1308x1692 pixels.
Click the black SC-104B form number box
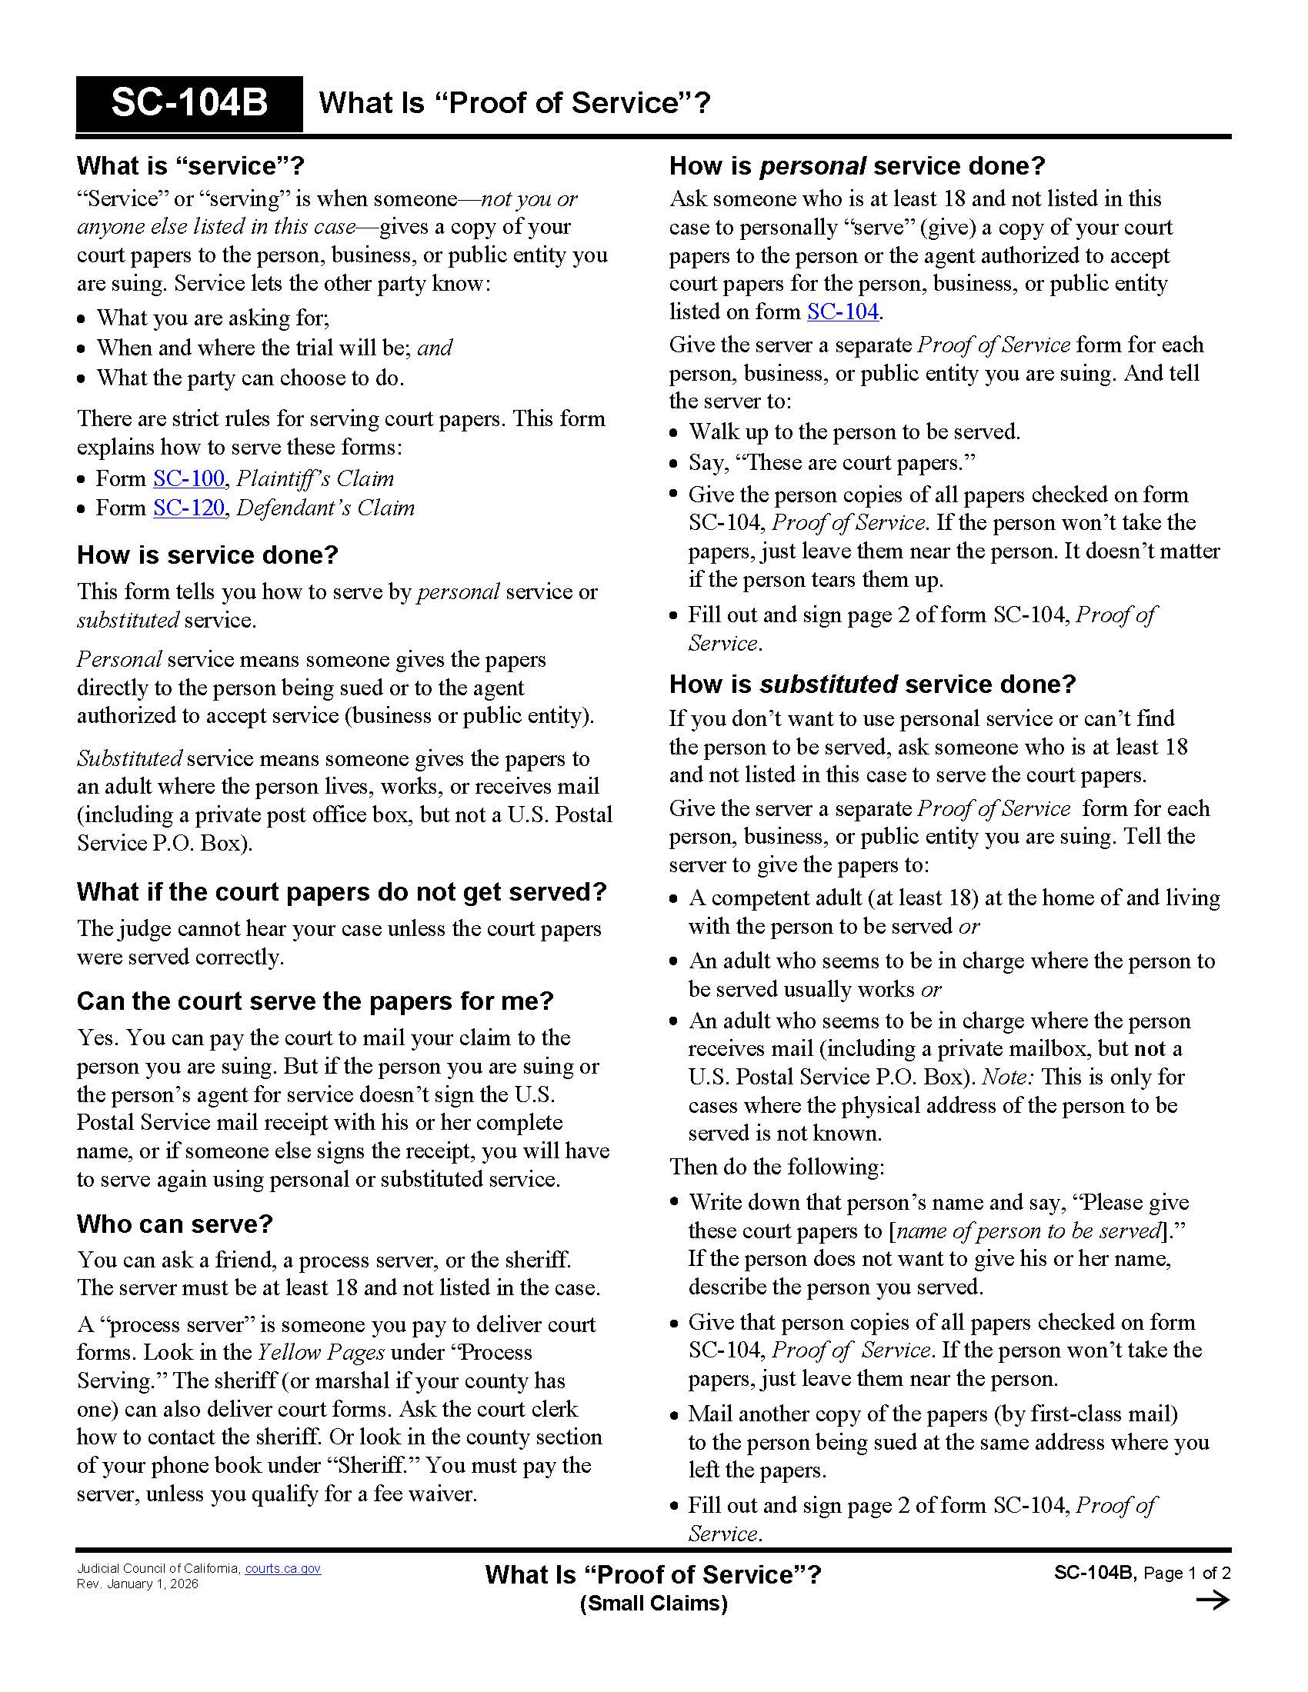coord(189,104)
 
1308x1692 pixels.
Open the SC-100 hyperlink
coord(189,479)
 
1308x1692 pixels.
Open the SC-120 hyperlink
coord(189,508)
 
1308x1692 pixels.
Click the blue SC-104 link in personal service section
coord(843,312)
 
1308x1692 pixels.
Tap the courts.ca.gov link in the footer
coord(283,1569)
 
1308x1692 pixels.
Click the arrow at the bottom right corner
coord(1213,1600)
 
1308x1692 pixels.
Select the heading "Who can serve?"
coord(175,1224)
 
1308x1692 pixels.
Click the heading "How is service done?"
coord(208,555)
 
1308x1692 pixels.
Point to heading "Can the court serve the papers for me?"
coord(315,1001)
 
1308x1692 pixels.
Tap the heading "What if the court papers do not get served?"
coord(341,892)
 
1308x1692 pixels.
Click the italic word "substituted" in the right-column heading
coord(829,684)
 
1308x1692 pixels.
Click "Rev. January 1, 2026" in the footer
coord(137,1584)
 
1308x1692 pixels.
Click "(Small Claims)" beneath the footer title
coord(653,1603)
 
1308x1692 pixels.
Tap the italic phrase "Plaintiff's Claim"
coord(315,479)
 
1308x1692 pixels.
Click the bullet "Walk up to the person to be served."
coord(854,432)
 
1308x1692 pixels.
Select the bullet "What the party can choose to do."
coord(249,379)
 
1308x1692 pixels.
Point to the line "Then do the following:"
coord(776,1167)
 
